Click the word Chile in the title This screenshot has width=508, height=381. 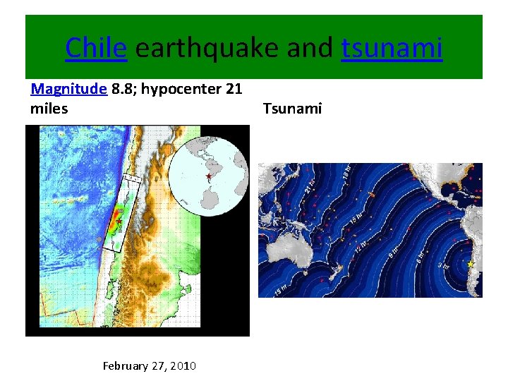(96, 48)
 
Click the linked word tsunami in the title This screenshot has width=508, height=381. (392, 48)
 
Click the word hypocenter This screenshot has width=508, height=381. (185, 90)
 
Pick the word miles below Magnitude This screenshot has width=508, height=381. (49, 109)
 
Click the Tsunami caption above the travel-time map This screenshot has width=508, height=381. (292, 108)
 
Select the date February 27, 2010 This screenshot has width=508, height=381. (149, 365)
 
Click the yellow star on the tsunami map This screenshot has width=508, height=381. (471, 263)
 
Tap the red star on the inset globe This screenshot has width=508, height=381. (207, 175)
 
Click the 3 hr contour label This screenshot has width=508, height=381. (444, 265)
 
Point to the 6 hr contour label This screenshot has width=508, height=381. (422, 253)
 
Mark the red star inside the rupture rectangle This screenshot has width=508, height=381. (119, 222)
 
